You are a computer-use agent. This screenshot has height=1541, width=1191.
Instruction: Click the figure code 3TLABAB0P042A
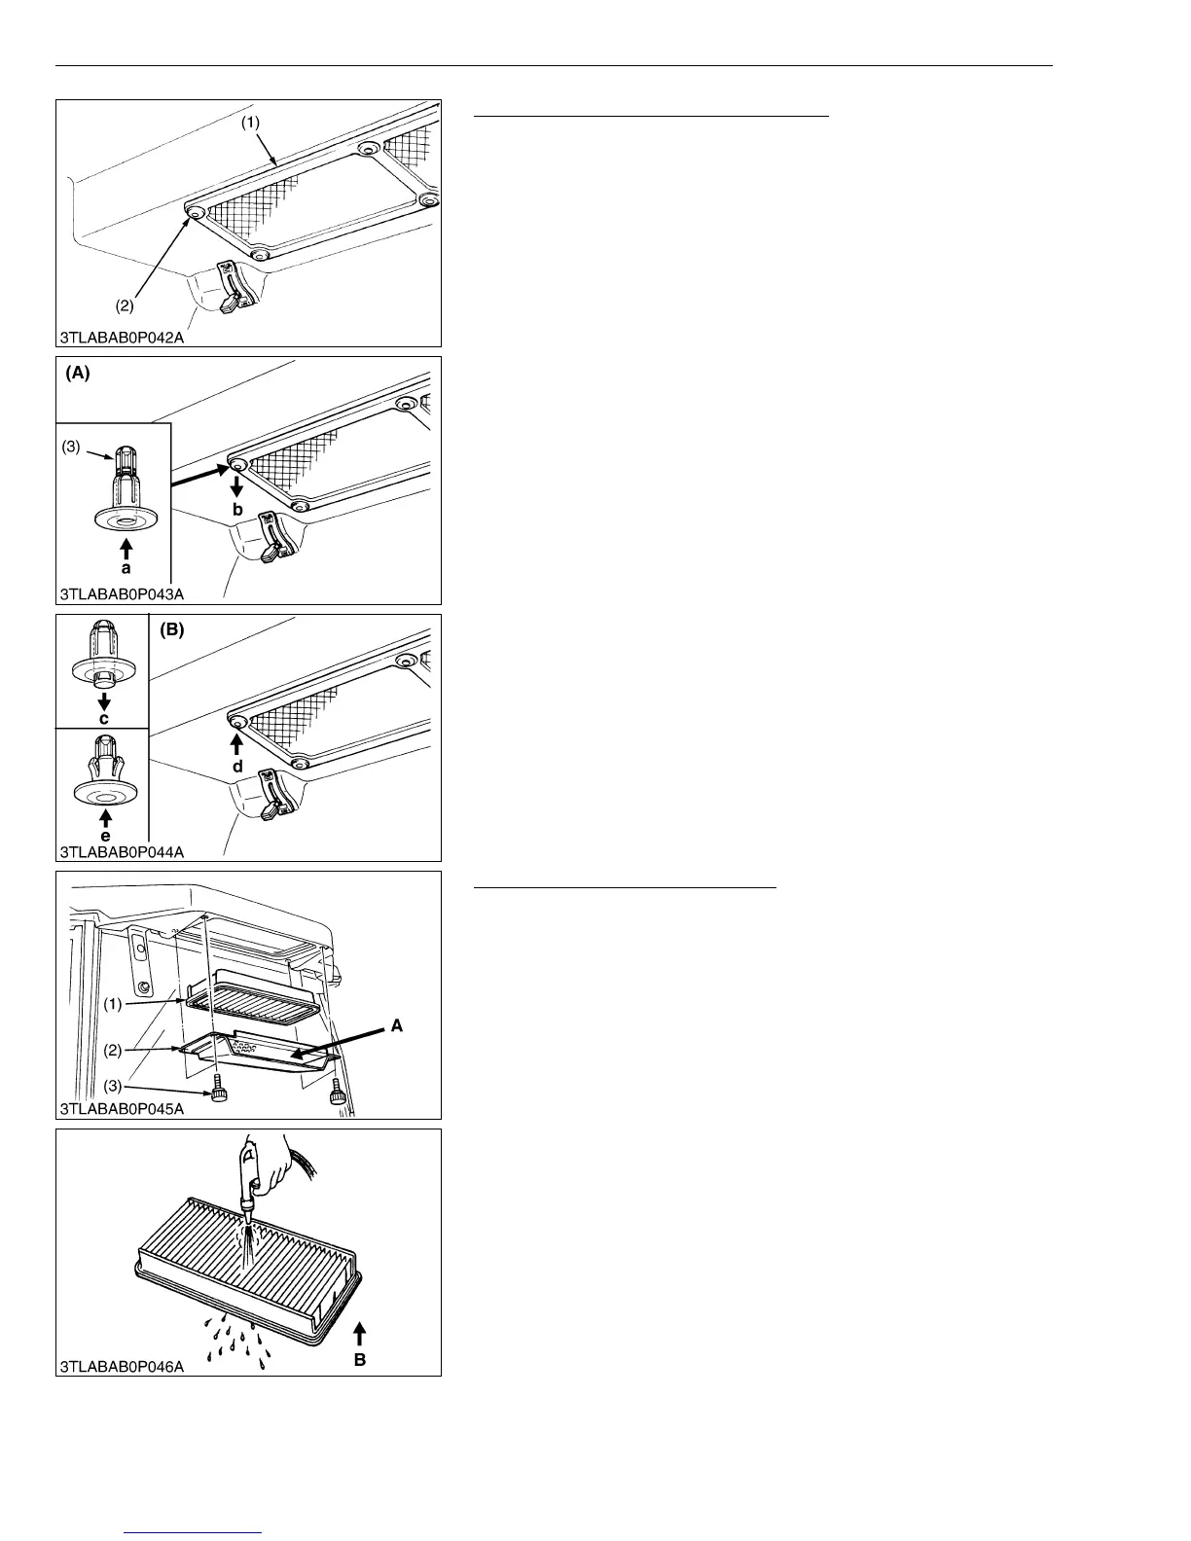click(x=123, y=338)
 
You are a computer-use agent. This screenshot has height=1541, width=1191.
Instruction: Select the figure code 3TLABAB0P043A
click(x=123, y=594)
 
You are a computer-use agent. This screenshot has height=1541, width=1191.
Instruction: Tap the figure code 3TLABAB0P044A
click(x=123, y=852)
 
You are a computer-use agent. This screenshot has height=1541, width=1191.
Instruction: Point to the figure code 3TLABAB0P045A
click(x=123, y=1108)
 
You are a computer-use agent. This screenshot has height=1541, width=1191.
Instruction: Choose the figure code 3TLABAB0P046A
click(x=123, y=1366)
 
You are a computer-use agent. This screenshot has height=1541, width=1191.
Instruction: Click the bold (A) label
click(x=78, y=374)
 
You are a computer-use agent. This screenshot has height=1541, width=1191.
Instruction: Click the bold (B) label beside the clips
click(x=172, y=630)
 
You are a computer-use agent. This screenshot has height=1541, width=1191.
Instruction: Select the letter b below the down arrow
click(x=236, y=510)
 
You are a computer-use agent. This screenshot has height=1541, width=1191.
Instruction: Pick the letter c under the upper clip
click(x=104, y=719)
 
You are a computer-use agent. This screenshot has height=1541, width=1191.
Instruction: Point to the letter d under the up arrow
click(x=236, y=767)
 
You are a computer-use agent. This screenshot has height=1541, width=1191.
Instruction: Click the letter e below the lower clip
click(x=105, y=836)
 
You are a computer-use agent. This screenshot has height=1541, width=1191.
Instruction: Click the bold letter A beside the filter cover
click(x=396, y=1025)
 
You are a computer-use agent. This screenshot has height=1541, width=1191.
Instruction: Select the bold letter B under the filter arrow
click(x=360, y=1360)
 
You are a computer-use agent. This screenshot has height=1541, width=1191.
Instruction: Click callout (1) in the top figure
click(x=250, y=124)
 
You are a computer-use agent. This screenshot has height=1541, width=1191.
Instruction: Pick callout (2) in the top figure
click(x=125, y=305)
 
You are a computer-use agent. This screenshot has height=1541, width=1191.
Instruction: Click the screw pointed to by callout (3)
click(x=221, y=1095)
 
